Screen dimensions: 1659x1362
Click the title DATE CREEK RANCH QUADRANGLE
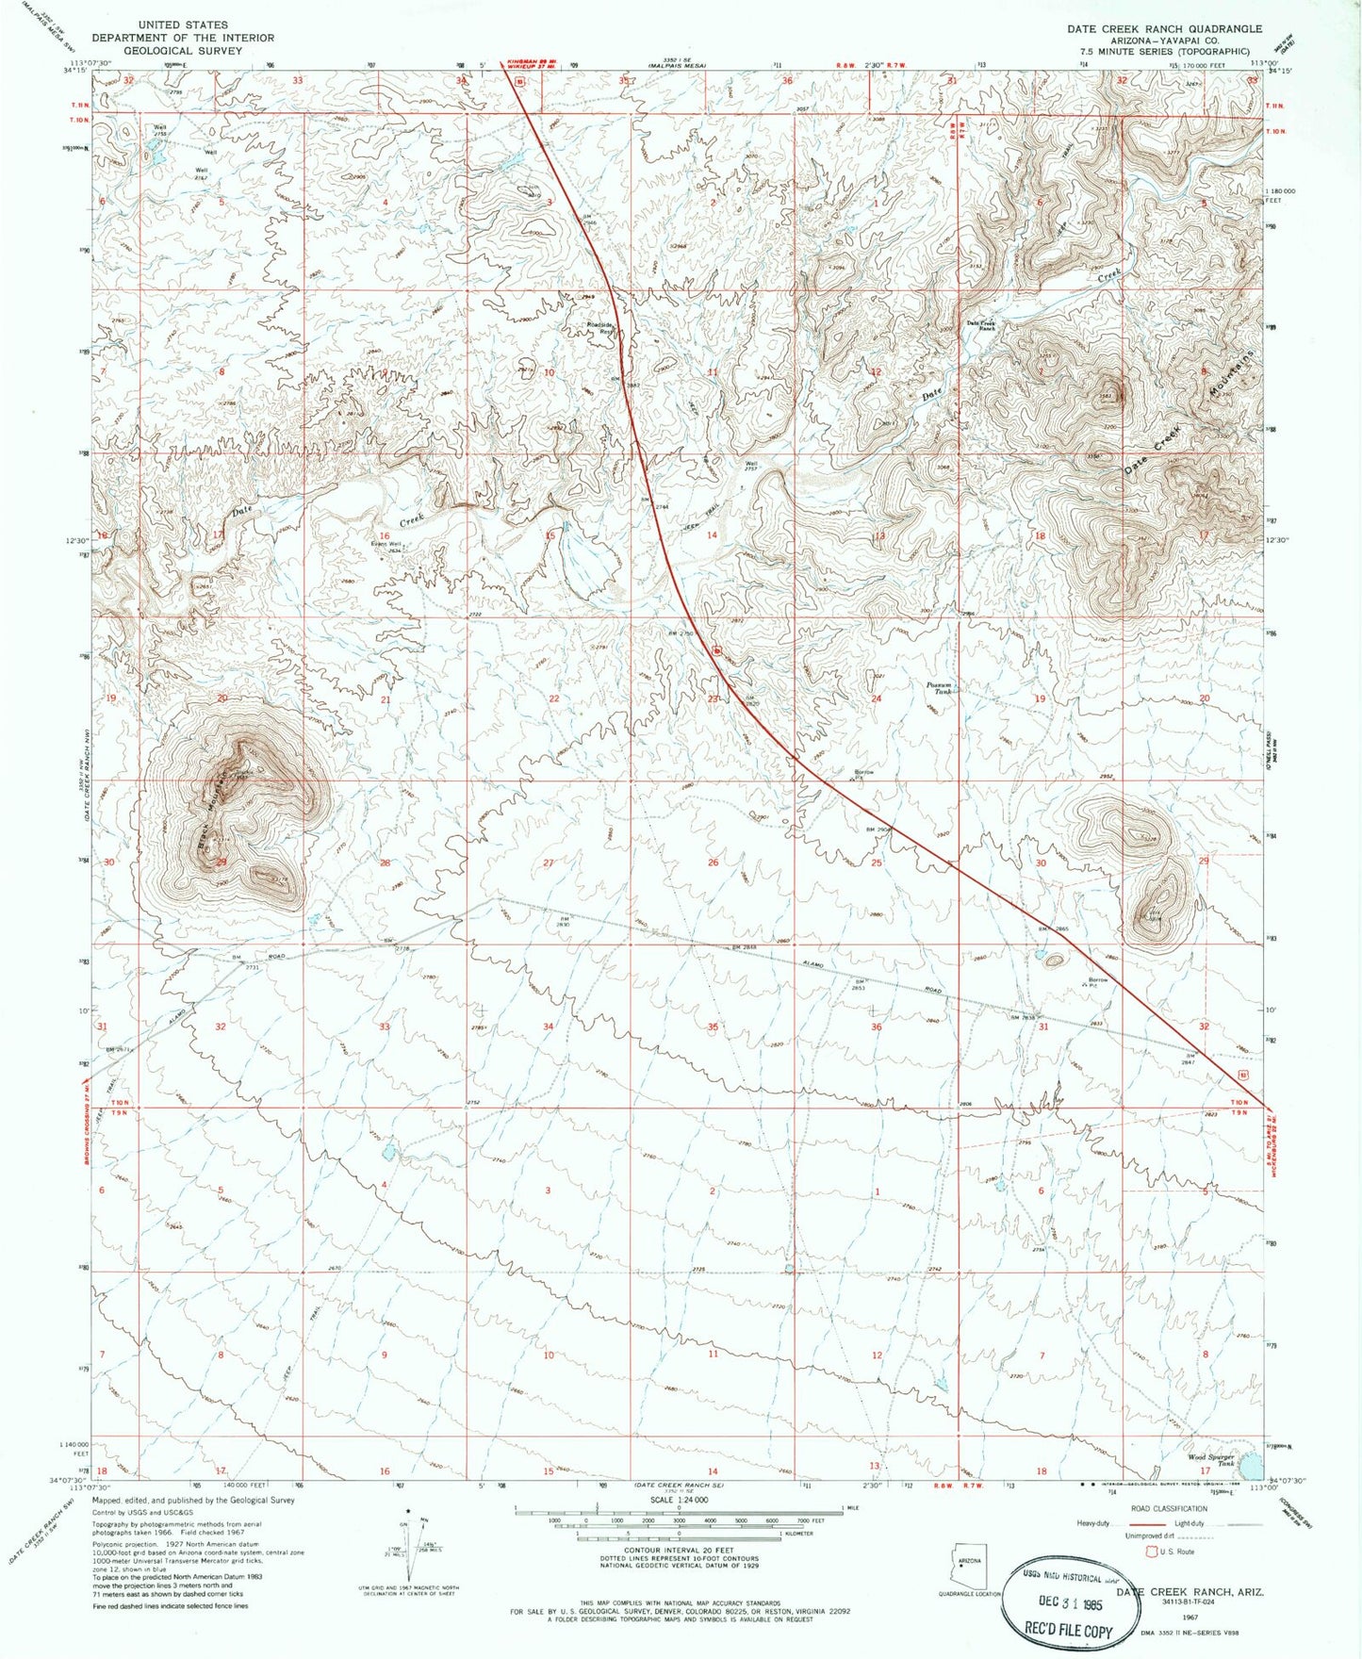coord(1164,29)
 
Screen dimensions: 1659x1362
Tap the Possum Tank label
coord(941,689)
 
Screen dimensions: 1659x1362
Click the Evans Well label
coord(386,545)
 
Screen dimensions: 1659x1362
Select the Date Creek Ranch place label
coord(981,326)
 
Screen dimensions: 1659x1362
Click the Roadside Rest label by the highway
coord(600,328)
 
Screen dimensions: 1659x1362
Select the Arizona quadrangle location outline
coord(970,1566)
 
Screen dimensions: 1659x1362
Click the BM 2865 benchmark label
coord(1054,929)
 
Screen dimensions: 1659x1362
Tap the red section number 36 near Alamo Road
coord(876,1027)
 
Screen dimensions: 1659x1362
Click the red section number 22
coord(554,698)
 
